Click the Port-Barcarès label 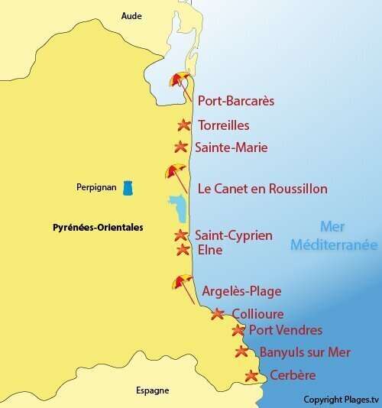(236, 101)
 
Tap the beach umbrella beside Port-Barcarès (181, 81)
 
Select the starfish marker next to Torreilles (183, 125)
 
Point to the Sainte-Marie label (231, 147)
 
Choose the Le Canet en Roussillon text (262, 189)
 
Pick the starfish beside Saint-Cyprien (181, 235)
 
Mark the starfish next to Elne (183, 249)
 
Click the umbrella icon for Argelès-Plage (183, 282)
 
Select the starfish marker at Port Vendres (238, 330)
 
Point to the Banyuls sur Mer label (305, 352)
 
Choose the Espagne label (152, 390)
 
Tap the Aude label (131, 15)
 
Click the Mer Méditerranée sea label (338, 236)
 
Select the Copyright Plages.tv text (341, 400)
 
